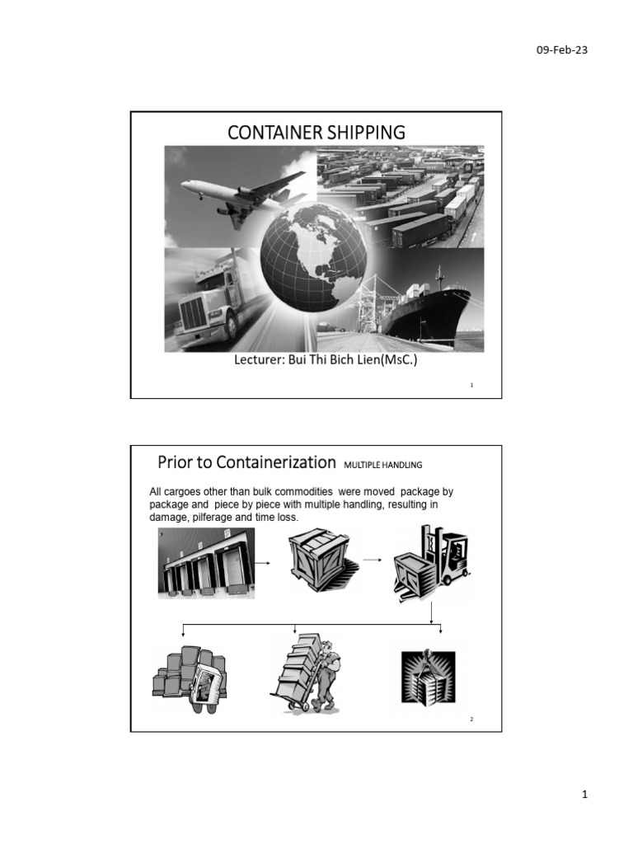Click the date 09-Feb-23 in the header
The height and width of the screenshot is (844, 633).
(x=561, y=50)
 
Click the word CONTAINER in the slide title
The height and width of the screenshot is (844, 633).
(x=273, y=132)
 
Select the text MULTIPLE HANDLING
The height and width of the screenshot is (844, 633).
(x=382, y=464)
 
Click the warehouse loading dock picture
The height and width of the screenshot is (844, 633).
(x=206, y=562)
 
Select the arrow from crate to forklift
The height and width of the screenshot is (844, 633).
(x=373, y=560)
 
